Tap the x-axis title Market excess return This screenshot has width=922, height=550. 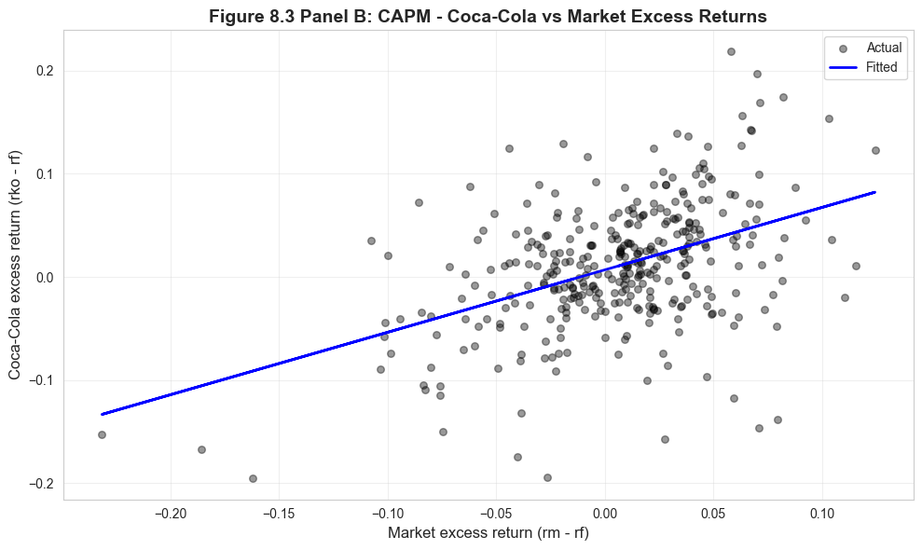tap(489, 532)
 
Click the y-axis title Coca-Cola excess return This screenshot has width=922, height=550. tap(15, 277)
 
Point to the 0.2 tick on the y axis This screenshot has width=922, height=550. tap(45, 71)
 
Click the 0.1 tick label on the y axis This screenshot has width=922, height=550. tap(45, 174)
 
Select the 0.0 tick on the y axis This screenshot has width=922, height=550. tap(45, 278)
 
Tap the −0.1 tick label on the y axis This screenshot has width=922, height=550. tap(42, 380)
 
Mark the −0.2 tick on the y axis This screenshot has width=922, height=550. tap(42, 484)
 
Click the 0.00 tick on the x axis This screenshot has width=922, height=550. tap(605, 513)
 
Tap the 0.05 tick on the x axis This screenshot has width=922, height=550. tap(714, 513)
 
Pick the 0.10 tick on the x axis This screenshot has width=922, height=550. tap(822, 513)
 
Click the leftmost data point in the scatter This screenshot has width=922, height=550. tap(102, 434)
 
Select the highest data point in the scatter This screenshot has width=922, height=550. tap(731, 52)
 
